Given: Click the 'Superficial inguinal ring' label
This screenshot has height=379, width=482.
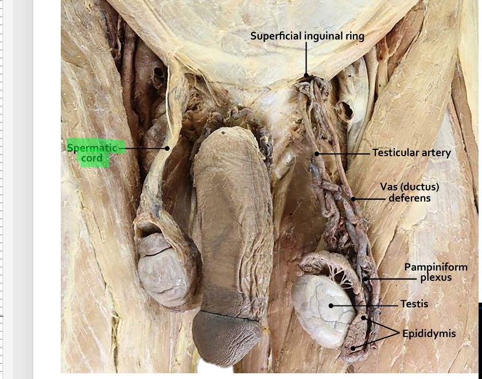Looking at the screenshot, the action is tap(307, 36).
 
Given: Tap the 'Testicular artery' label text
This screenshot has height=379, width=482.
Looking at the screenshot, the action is tap(411, 153).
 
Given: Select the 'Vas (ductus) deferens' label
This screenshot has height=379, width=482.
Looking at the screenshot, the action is tap(409, 192).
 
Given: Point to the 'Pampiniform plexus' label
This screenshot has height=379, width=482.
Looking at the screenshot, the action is tap(436, 272).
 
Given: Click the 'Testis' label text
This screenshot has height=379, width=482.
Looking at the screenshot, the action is tap(414, 304).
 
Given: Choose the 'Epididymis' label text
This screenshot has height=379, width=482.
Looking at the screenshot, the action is tap(429, 333).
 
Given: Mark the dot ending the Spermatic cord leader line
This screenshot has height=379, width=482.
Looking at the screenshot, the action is tap(168, 148).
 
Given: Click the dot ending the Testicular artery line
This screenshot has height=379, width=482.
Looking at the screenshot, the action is tap(317, 154).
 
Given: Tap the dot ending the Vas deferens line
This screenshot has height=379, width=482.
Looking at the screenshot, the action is tap(354, 199).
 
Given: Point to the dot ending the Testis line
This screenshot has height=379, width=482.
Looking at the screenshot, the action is tap(331, 305).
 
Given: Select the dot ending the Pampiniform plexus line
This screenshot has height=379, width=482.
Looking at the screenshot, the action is tap(365, 280).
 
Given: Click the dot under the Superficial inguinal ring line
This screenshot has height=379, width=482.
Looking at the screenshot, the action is tap(306, 74).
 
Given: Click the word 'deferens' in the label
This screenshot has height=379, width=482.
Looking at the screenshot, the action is tap(409, 198).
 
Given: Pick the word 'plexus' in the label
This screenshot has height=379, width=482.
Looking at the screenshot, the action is tap(436, 278).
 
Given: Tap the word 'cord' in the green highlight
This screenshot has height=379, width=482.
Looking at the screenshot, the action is tap(92, 158).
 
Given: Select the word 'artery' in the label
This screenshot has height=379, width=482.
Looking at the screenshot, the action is tap(436, 153).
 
